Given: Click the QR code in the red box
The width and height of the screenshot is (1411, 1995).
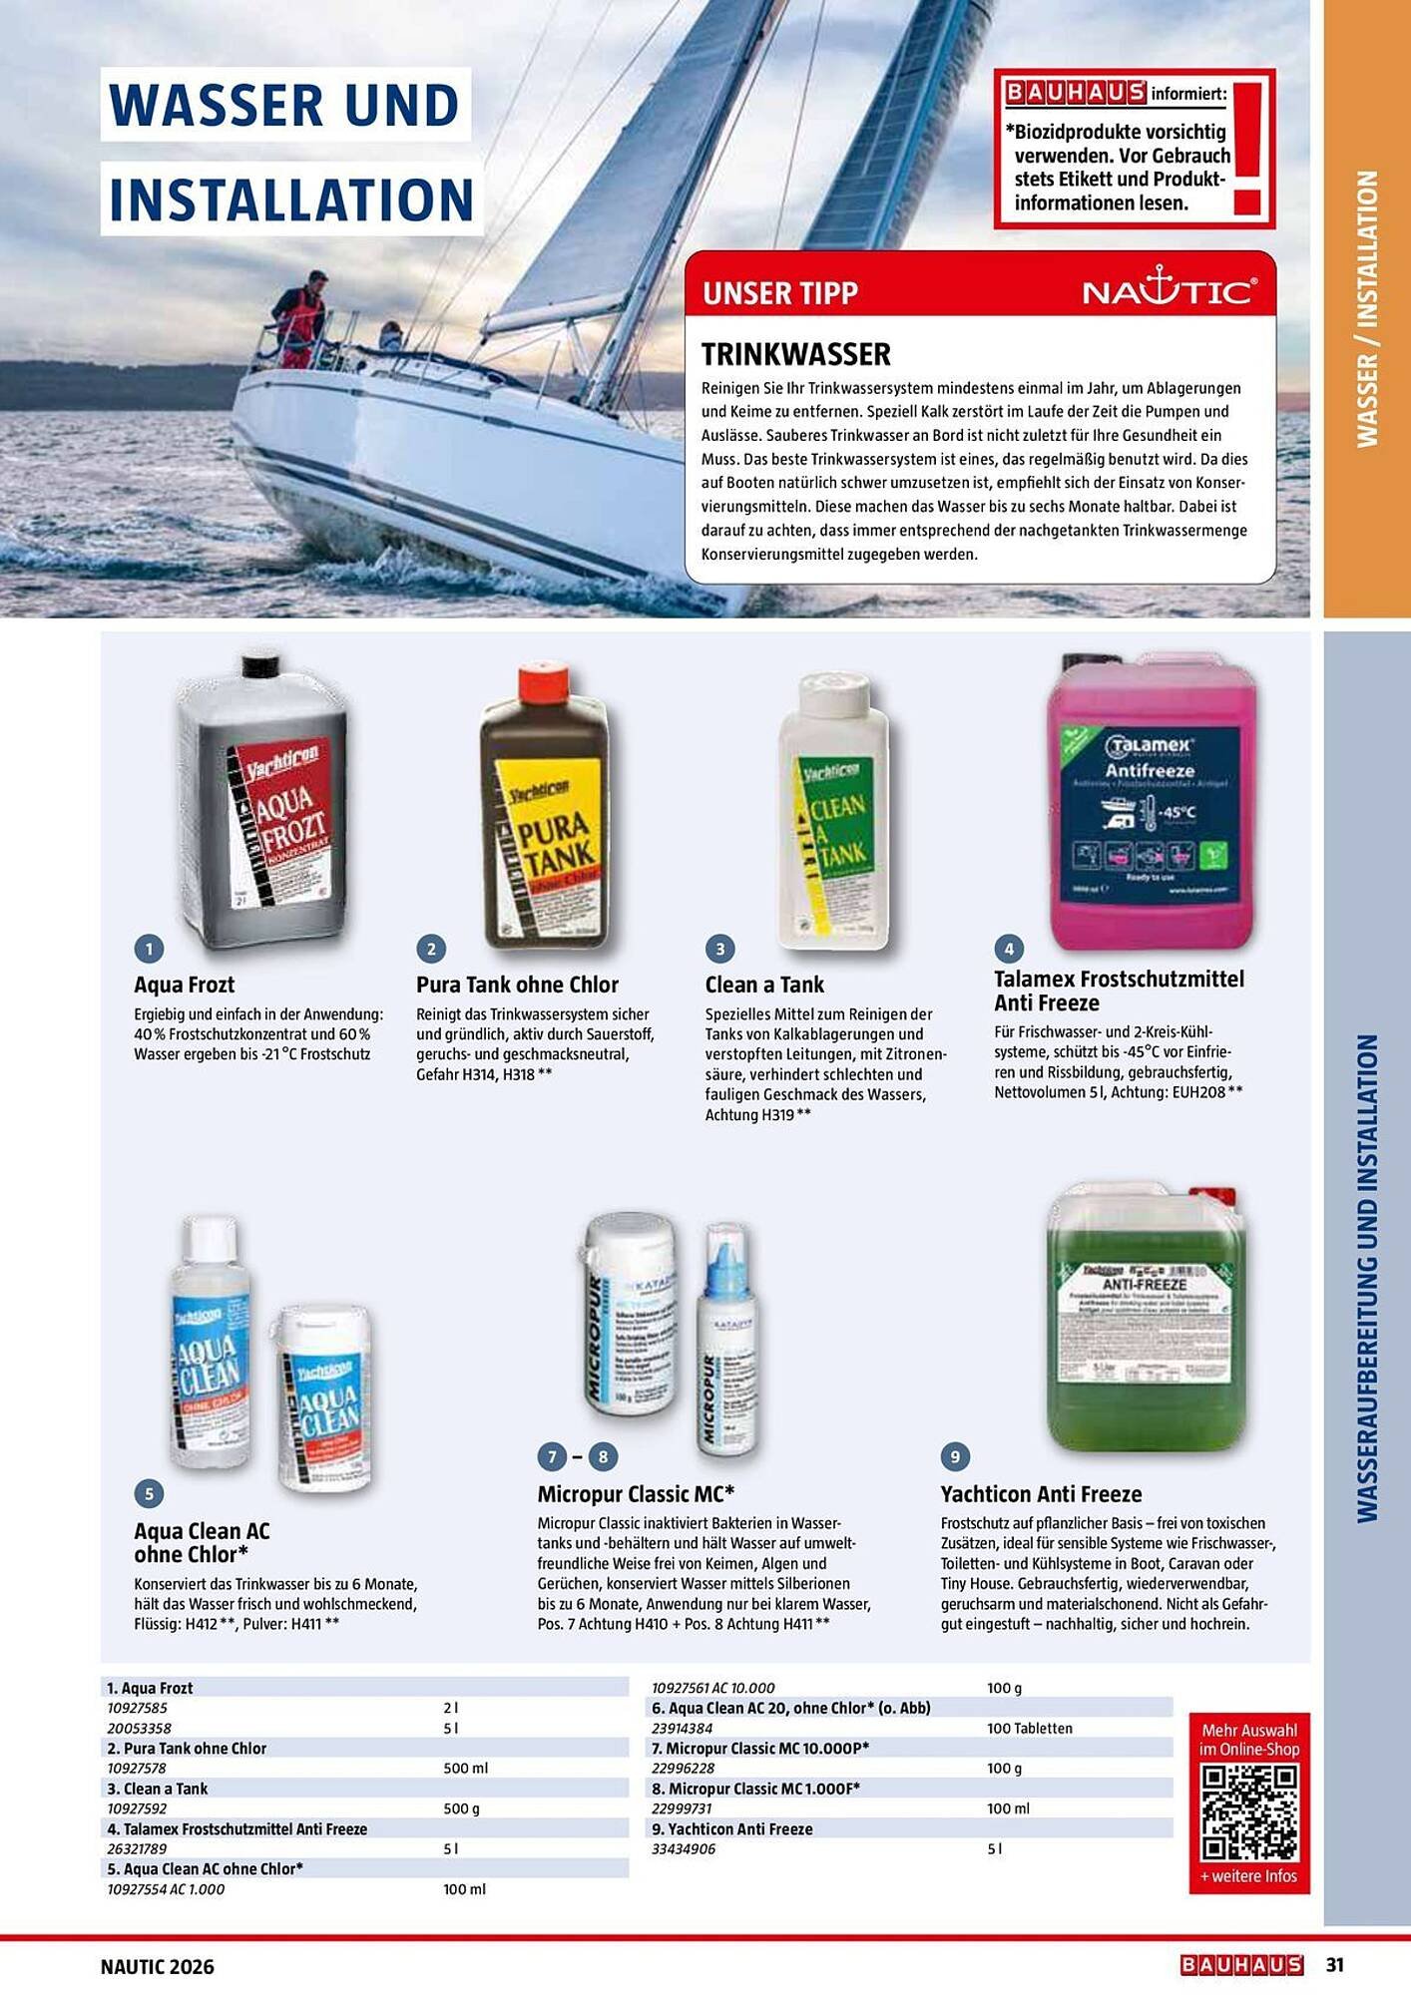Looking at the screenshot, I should pos(1249,1812).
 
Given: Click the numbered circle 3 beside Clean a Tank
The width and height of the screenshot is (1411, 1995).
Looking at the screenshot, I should pos(719,949).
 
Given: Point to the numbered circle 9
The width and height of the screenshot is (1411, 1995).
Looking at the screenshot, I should pos(955,1457).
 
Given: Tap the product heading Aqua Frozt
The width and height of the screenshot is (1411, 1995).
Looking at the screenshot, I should pos(185,985).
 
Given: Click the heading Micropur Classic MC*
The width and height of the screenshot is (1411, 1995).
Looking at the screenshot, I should pos(636,1493).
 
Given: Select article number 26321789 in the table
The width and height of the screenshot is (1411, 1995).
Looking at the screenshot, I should pos(137,1848).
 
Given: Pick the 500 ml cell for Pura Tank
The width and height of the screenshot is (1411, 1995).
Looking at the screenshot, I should pos(465,1768).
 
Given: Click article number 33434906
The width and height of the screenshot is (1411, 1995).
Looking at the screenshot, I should pos(684,1848).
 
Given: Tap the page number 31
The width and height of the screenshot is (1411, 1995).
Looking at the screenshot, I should pos(1335,1964).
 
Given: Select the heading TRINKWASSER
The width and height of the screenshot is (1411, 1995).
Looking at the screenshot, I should pos(795,354).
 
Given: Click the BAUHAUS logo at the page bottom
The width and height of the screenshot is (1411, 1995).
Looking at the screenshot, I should pos(1241,1964).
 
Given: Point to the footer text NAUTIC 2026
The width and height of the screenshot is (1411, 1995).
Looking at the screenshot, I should pos(158,1966).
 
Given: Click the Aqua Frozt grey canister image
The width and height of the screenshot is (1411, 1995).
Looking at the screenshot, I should pos(261,798).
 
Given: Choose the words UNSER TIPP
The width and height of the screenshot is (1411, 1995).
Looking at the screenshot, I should pos(779,293).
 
